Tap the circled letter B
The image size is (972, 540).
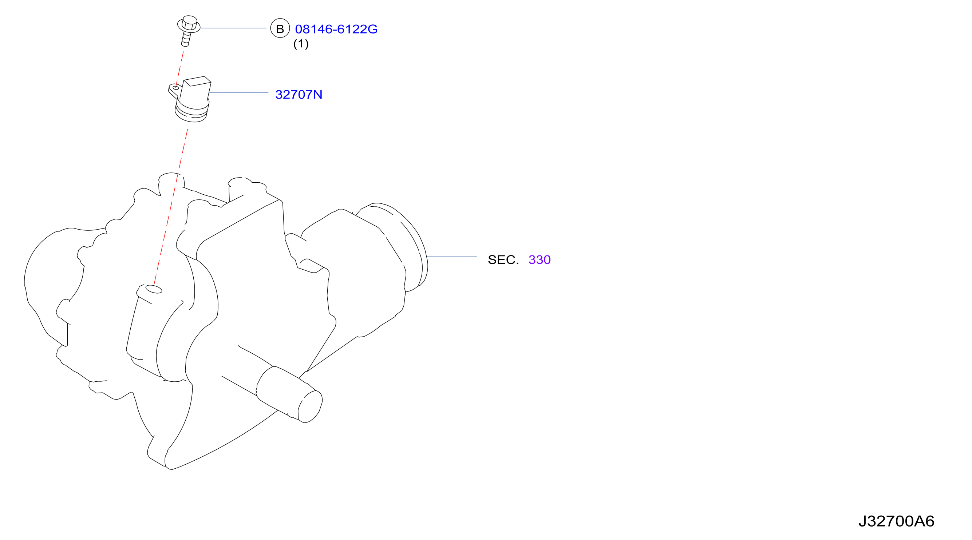280,29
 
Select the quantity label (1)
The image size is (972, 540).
301,44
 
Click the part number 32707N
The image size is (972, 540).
299,94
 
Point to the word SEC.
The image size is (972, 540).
503,259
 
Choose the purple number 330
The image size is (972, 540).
540,259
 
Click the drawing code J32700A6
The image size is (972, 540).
896,521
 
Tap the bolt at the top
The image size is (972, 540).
189,31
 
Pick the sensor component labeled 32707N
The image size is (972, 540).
190,99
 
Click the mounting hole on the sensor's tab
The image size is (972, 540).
176,88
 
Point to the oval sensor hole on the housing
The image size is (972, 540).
154,289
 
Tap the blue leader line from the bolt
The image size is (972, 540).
233,28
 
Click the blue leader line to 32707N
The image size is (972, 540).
238,92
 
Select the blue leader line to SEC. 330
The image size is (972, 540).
452,257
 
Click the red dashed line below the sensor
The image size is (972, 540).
170,207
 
